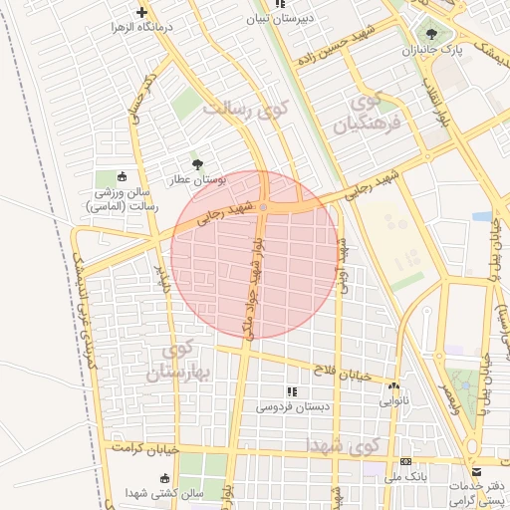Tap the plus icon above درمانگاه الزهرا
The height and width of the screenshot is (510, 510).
(x=141, y=13)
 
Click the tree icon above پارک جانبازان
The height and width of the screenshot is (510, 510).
(x=431, y=34)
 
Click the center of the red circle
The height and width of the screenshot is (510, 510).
(x=255, y=255)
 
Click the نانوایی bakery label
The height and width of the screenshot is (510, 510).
(x=393, y=402)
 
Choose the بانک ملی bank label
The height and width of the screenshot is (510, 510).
(x=406, y=478)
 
